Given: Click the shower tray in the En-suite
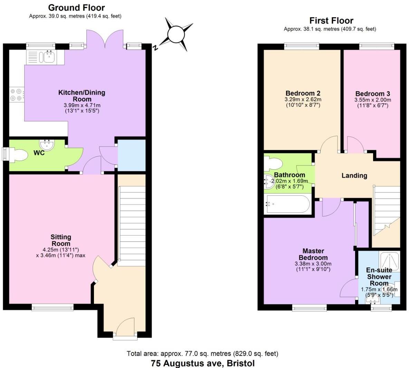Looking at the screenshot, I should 389,262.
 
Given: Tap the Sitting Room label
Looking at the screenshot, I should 61,240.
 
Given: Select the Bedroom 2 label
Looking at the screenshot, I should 303,93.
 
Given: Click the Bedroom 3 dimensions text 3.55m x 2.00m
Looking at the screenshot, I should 372,100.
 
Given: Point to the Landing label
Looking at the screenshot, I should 354,176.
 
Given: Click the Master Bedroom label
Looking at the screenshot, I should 313,254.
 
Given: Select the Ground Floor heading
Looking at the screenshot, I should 76,8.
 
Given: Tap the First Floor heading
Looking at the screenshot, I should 331,21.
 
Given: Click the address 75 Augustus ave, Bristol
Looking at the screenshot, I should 203,363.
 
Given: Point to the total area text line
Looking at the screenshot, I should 202,353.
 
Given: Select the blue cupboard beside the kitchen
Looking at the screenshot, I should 132,155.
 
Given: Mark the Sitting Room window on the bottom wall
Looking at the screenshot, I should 53,306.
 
